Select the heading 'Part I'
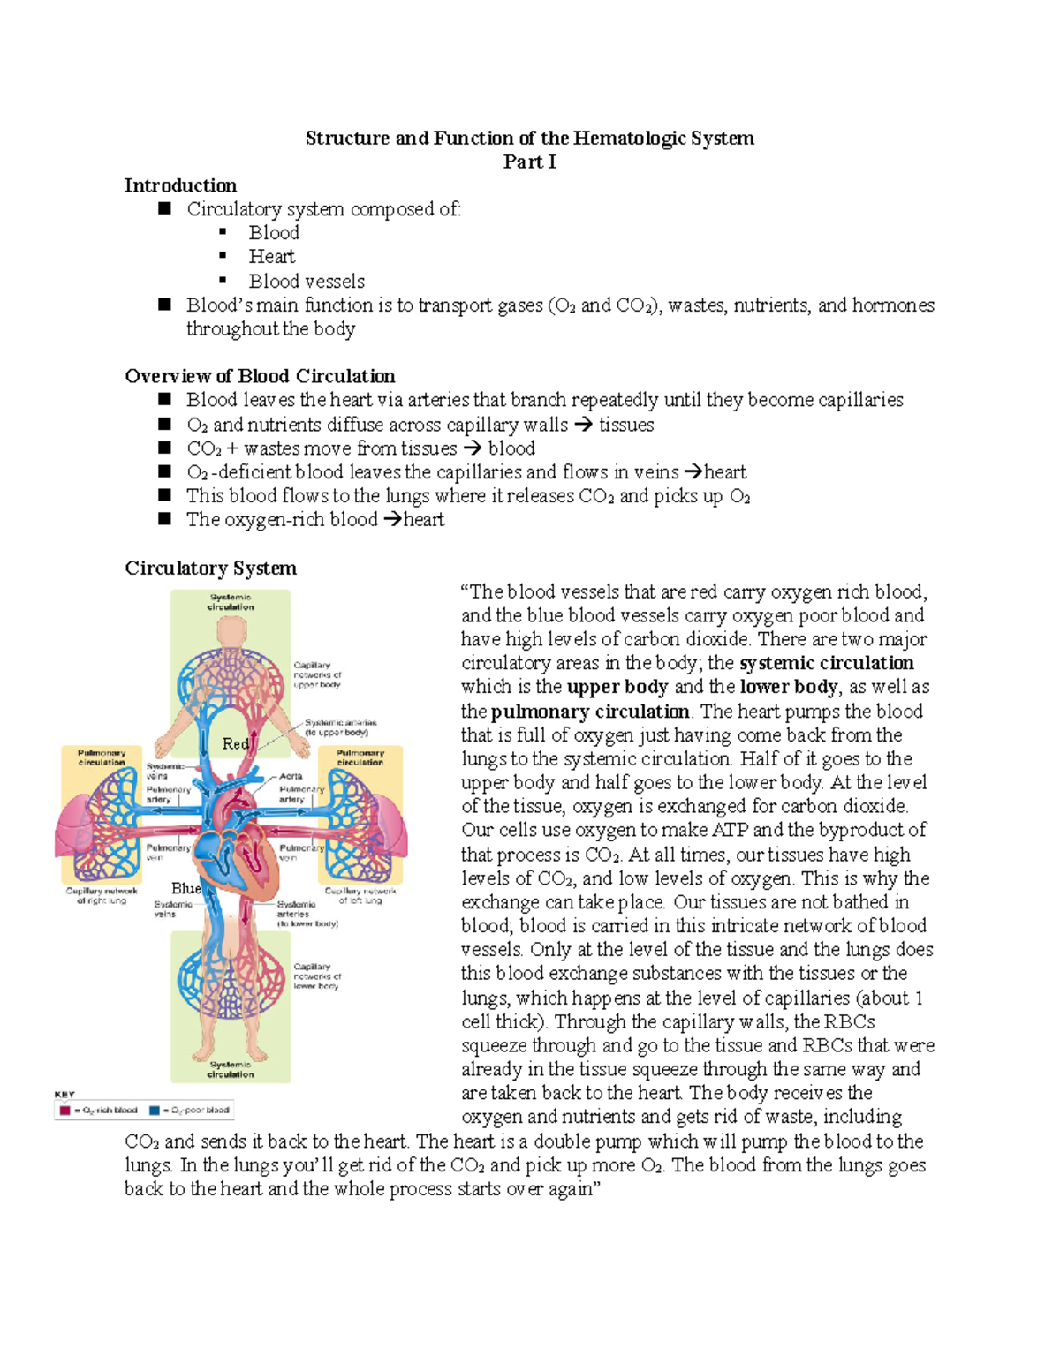[529, 162]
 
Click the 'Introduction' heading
[180, 185]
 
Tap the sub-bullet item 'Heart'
[271, 257]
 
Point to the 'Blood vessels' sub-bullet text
[307, 282]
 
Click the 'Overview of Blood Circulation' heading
[260, 376]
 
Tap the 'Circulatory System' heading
[210, 568]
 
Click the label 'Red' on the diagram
[235, 744]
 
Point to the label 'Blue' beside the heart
[186, 888]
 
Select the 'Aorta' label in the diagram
[291, 776]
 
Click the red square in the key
[64, 1110]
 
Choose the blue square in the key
[155, 1110]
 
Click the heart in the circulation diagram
[237, 847]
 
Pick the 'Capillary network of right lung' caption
[102, 895]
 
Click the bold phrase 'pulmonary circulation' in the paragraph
[590, 712]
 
